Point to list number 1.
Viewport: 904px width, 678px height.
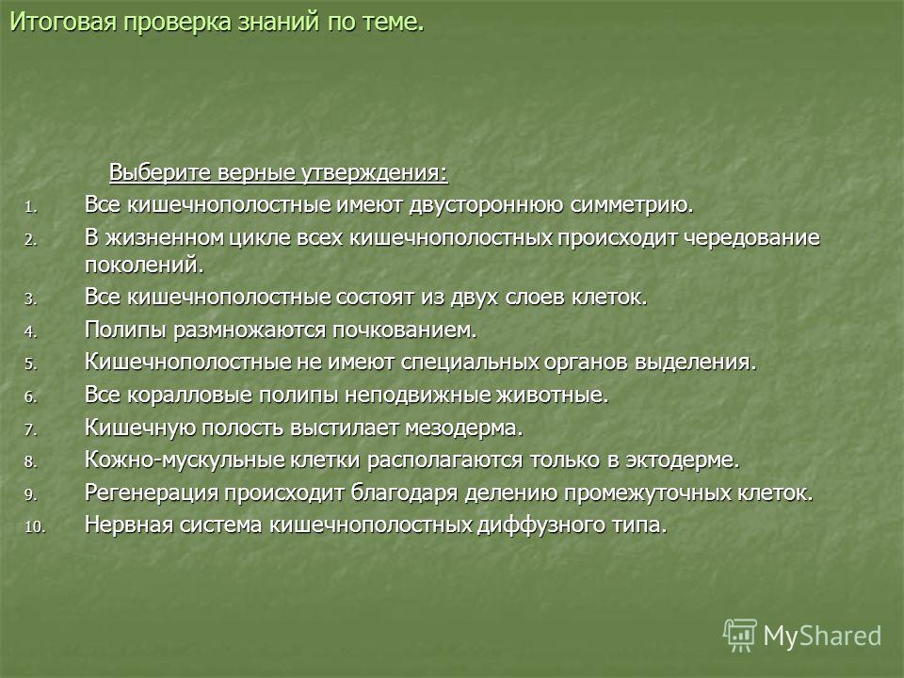coord(30,207)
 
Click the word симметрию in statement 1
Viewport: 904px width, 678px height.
coord(631,205)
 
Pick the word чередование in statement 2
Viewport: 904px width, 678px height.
coord(751,237)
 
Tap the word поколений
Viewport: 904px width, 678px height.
coord(144,265)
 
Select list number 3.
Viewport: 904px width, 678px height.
coord(30,299)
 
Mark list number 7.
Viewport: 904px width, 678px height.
coord(30,430)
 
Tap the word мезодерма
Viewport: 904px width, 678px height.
coord(464,428)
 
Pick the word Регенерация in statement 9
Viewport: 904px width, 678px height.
coord(152,492)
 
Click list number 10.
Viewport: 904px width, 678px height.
coord(34,527)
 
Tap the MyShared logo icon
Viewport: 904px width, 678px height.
coord(740,635)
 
